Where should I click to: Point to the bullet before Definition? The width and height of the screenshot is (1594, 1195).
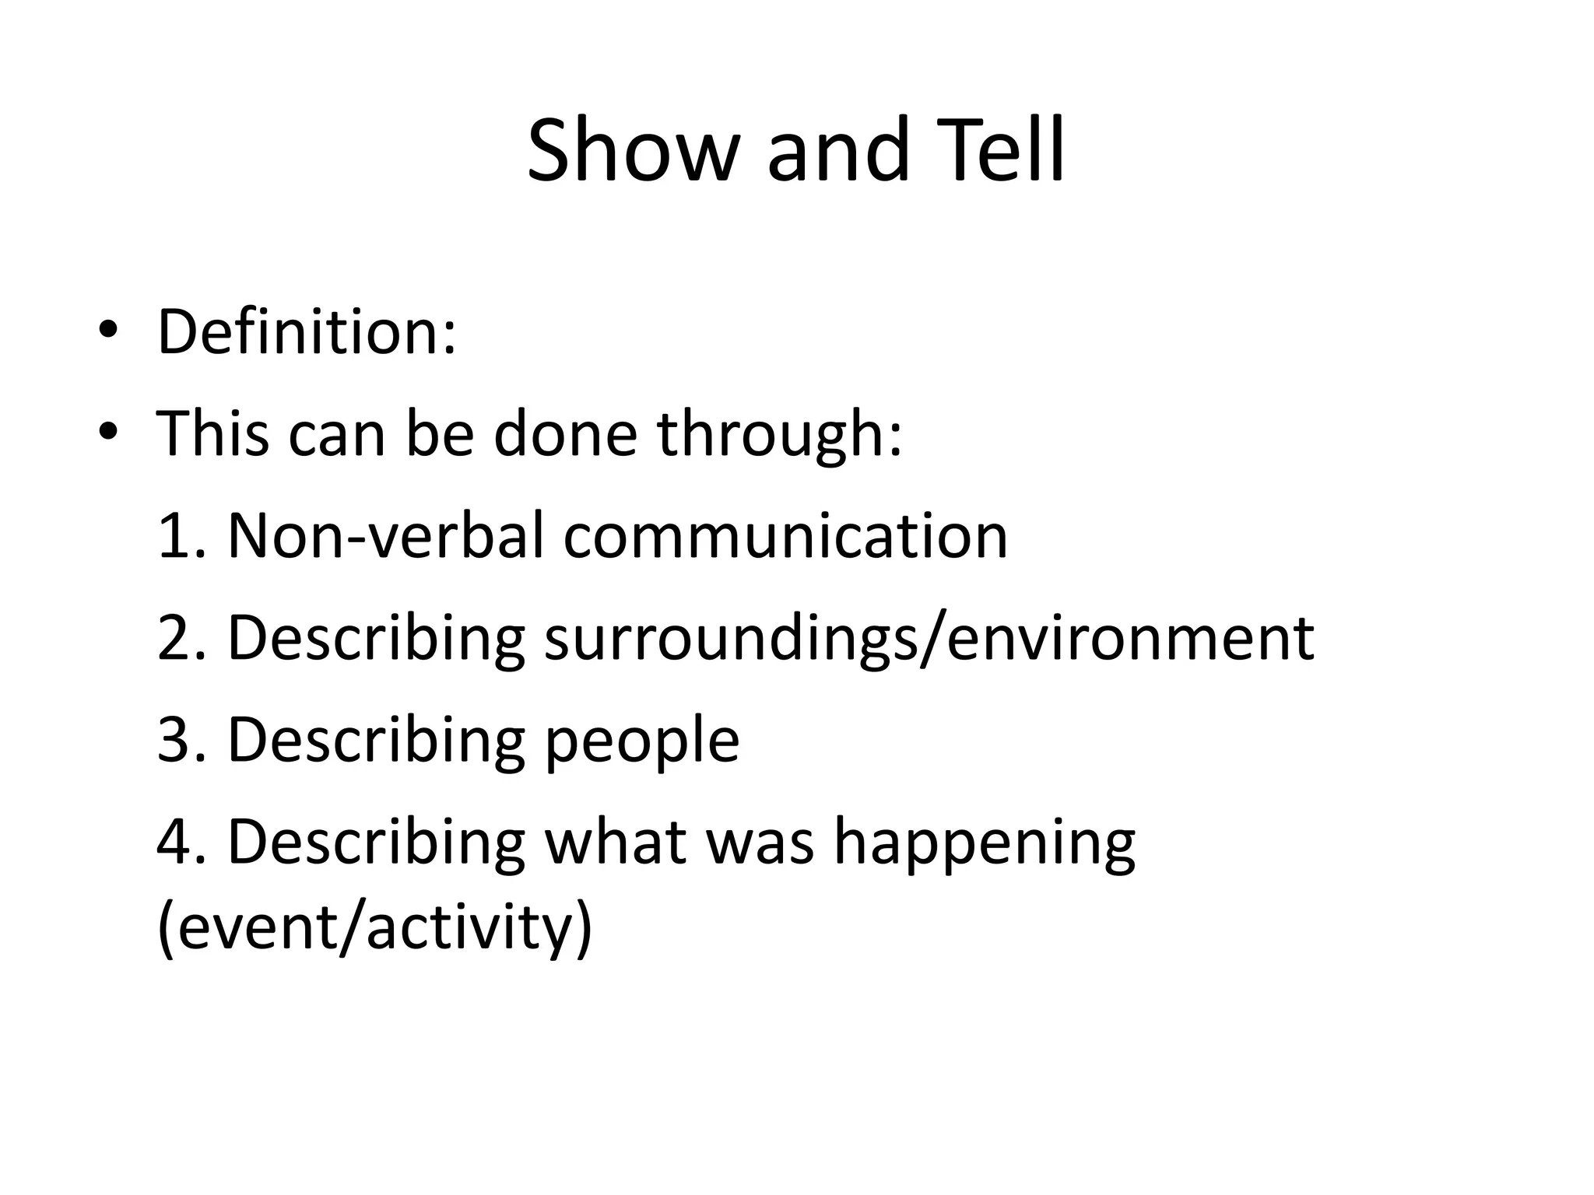[107, 332]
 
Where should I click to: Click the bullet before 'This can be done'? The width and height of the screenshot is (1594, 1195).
[107, 433]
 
